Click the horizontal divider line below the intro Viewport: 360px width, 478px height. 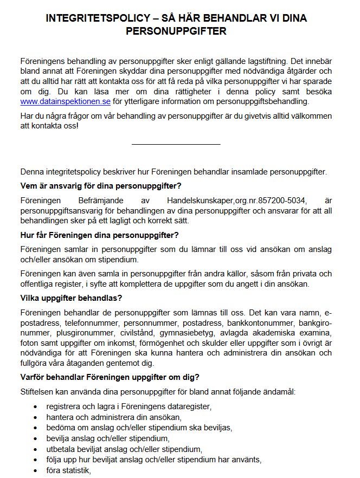pyautogui.click(x=176, y=145)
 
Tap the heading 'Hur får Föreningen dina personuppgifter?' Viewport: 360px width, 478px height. pyautogui.click(x=99, y=235)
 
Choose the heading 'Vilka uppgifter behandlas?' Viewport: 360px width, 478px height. pyautogui.click(x=71, y=298)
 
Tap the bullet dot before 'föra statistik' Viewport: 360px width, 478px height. pyautogui.click(x=36, y=470)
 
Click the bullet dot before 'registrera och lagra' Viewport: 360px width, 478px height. pyautogui.click(x=36, y=406)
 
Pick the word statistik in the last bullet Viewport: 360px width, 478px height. pyautogui.click(x=78, y=470)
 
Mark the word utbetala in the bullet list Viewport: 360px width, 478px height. pyautogui.click(x=61, y=449)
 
